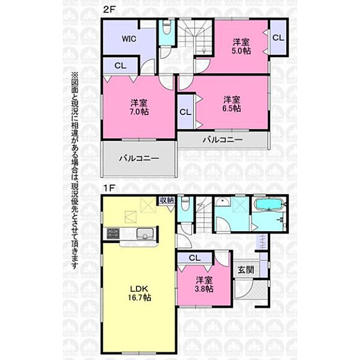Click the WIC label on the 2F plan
(x=129, y=39)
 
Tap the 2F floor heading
(x=109, y=10)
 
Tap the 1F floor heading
(x=109, y=188)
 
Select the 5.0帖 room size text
(x=241, y=51)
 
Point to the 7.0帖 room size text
(x=139, y=111)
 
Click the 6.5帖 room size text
(x=232, y=108)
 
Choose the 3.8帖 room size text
(x=204, y=289)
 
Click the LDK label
(x=139, y=289)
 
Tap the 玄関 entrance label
(x=246, y=270)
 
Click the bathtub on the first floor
(x=269, y=204)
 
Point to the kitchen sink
(x=145, y=234)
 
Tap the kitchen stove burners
(x=113, y=233)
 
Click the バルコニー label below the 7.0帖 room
(x=139, y=158)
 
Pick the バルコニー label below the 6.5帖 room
(x=223, y=139)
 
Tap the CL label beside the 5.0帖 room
(x=278, y=38)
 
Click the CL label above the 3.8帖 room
(x=195, y=258)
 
